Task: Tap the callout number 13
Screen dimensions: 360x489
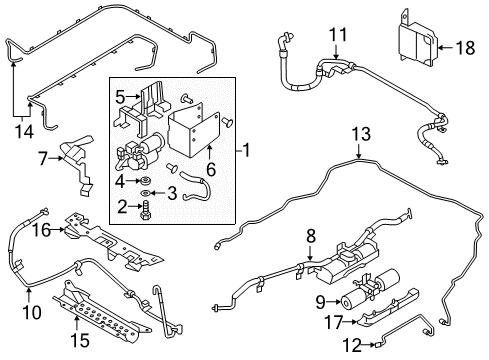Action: [359, 135]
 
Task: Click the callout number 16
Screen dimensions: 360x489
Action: [39, 229]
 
